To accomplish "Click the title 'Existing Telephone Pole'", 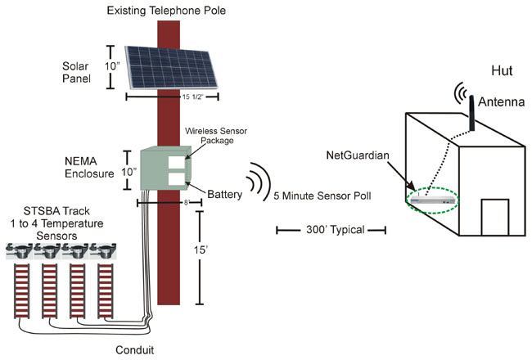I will [168, 11].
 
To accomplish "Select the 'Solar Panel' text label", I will [81, 72].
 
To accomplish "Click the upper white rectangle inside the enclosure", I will [176, 161].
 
